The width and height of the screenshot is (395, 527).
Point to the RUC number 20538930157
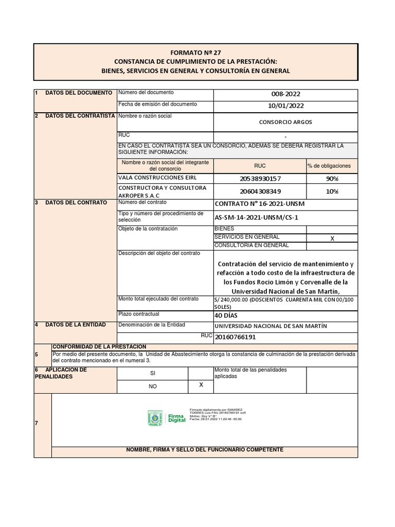260,179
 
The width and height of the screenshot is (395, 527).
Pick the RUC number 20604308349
260,191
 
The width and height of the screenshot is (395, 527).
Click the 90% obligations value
332,179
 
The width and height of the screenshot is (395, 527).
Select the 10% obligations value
332,191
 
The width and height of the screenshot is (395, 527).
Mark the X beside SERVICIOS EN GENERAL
332,239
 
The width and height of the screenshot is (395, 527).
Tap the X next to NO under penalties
201,385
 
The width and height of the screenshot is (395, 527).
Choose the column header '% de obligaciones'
329,166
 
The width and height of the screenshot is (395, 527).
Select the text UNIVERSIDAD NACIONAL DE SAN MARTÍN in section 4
270,326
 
